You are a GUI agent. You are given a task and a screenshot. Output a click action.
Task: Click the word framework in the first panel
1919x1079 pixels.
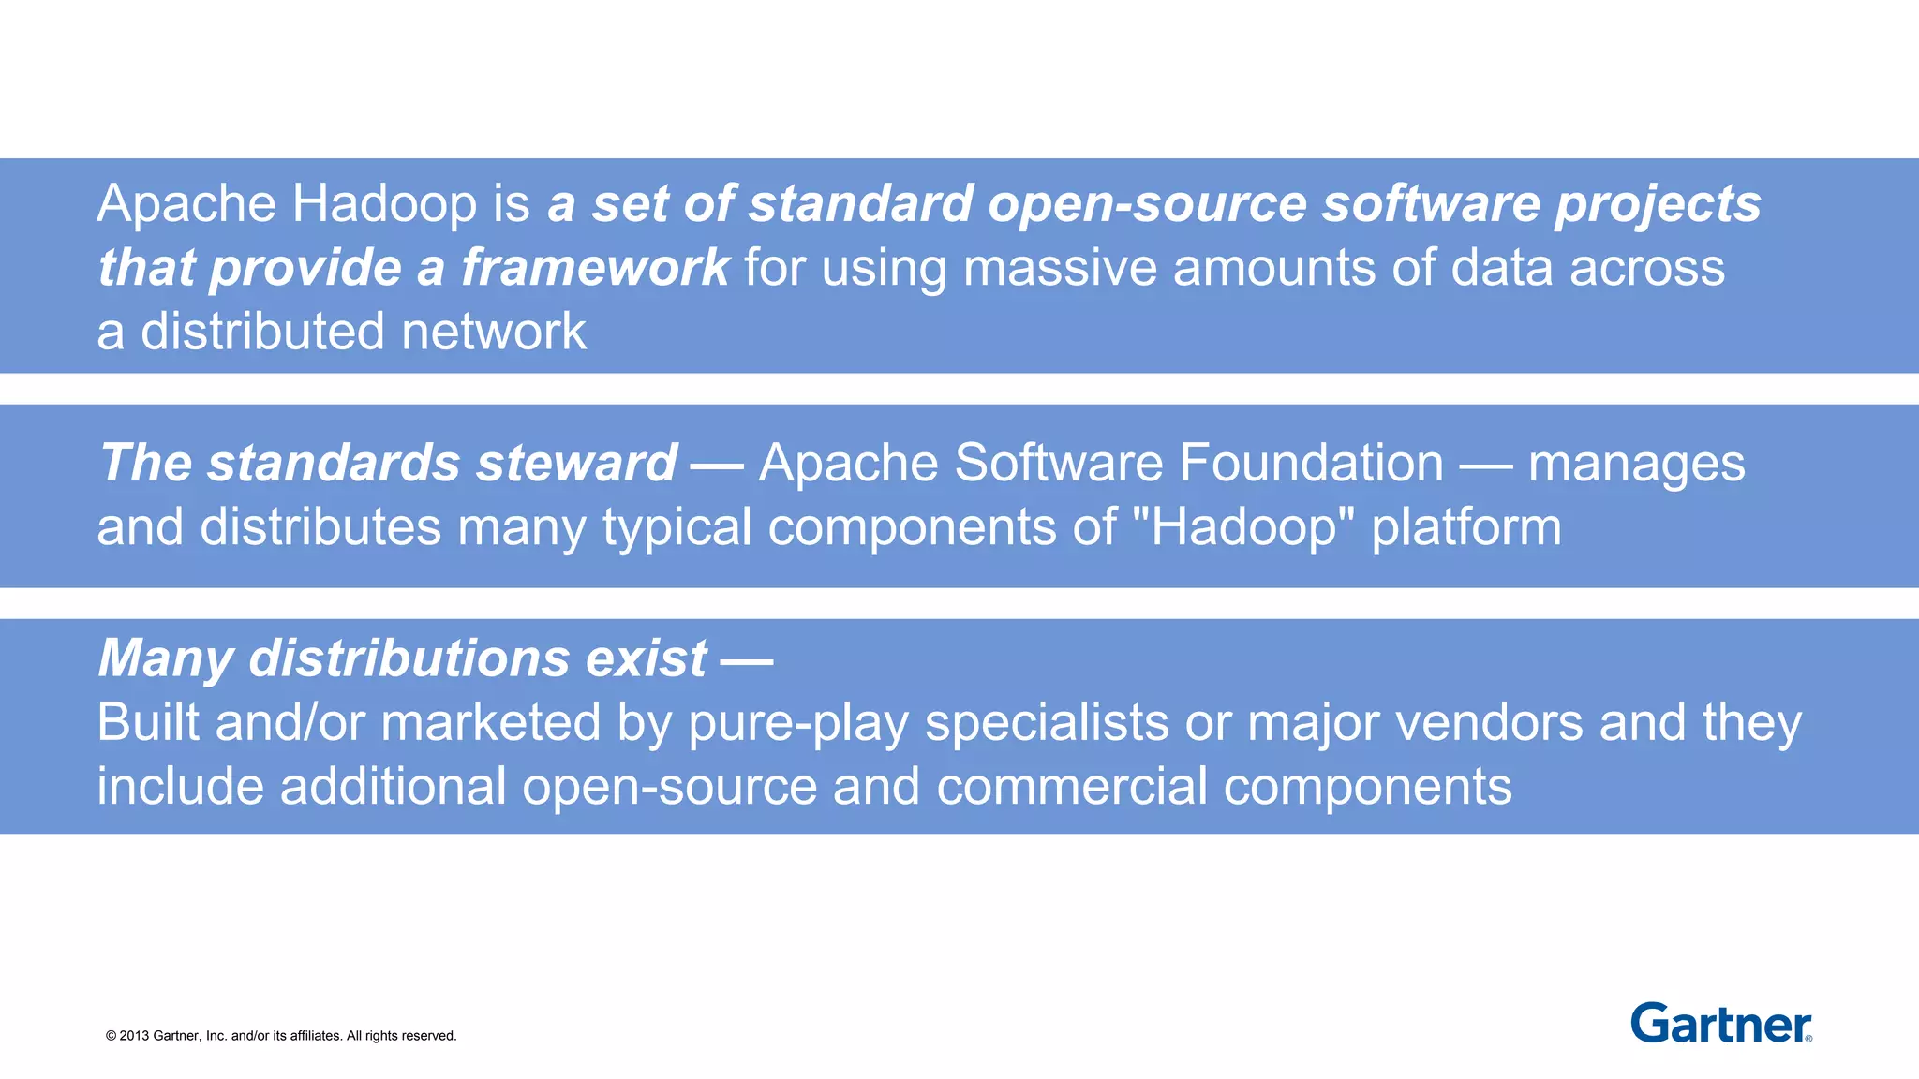point(595,268)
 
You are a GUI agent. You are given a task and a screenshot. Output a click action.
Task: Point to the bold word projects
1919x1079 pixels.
point(1659,205)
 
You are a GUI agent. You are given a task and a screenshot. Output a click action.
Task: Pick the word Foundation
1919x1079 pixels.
point(1312,464)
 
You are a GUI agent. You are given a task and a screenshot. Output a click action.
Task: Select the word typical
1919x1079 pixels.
point(677,528)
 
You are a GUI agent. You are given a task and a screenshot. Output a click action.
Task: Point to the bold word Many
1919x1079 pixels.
point(166,659)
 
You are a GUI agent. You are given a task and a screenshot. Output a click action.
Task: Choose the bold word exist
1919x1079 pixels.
point(646,658)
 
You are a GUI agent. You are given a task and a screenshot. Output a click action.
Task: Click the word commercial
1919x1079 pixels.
point(1072,786)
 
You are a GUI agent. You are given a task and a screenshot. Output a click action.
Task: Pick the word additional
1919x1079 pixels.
point(394,786)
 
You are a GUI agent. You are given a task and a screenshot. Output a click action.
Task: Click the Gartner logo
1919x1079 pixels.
point(1720,1024)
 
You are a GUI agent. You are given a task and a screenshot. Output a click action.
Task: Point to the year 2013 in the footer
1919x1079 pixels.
point(134,1036)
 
